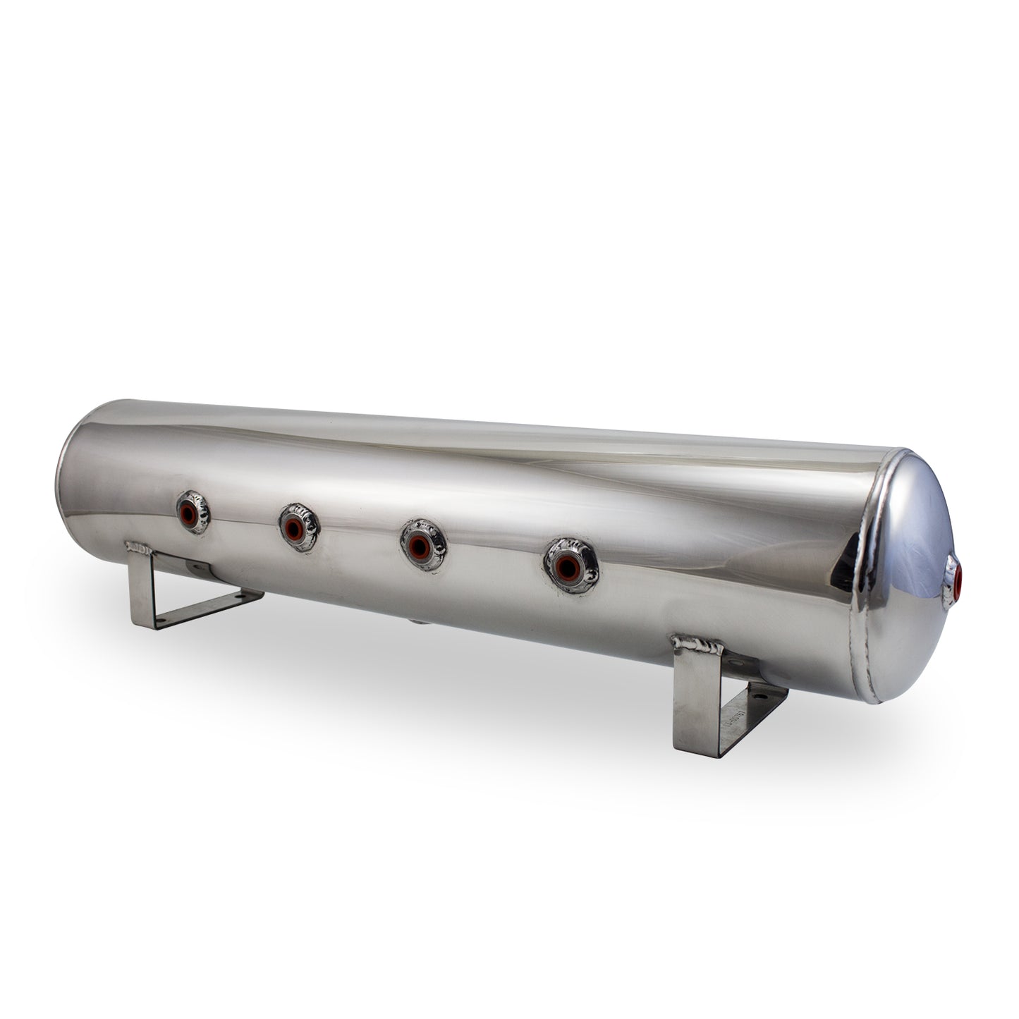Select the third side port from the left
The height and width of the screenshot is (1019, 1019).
click(420, 543)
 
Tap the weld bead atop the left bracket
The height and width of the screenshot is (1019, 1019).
click(138, 547)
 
